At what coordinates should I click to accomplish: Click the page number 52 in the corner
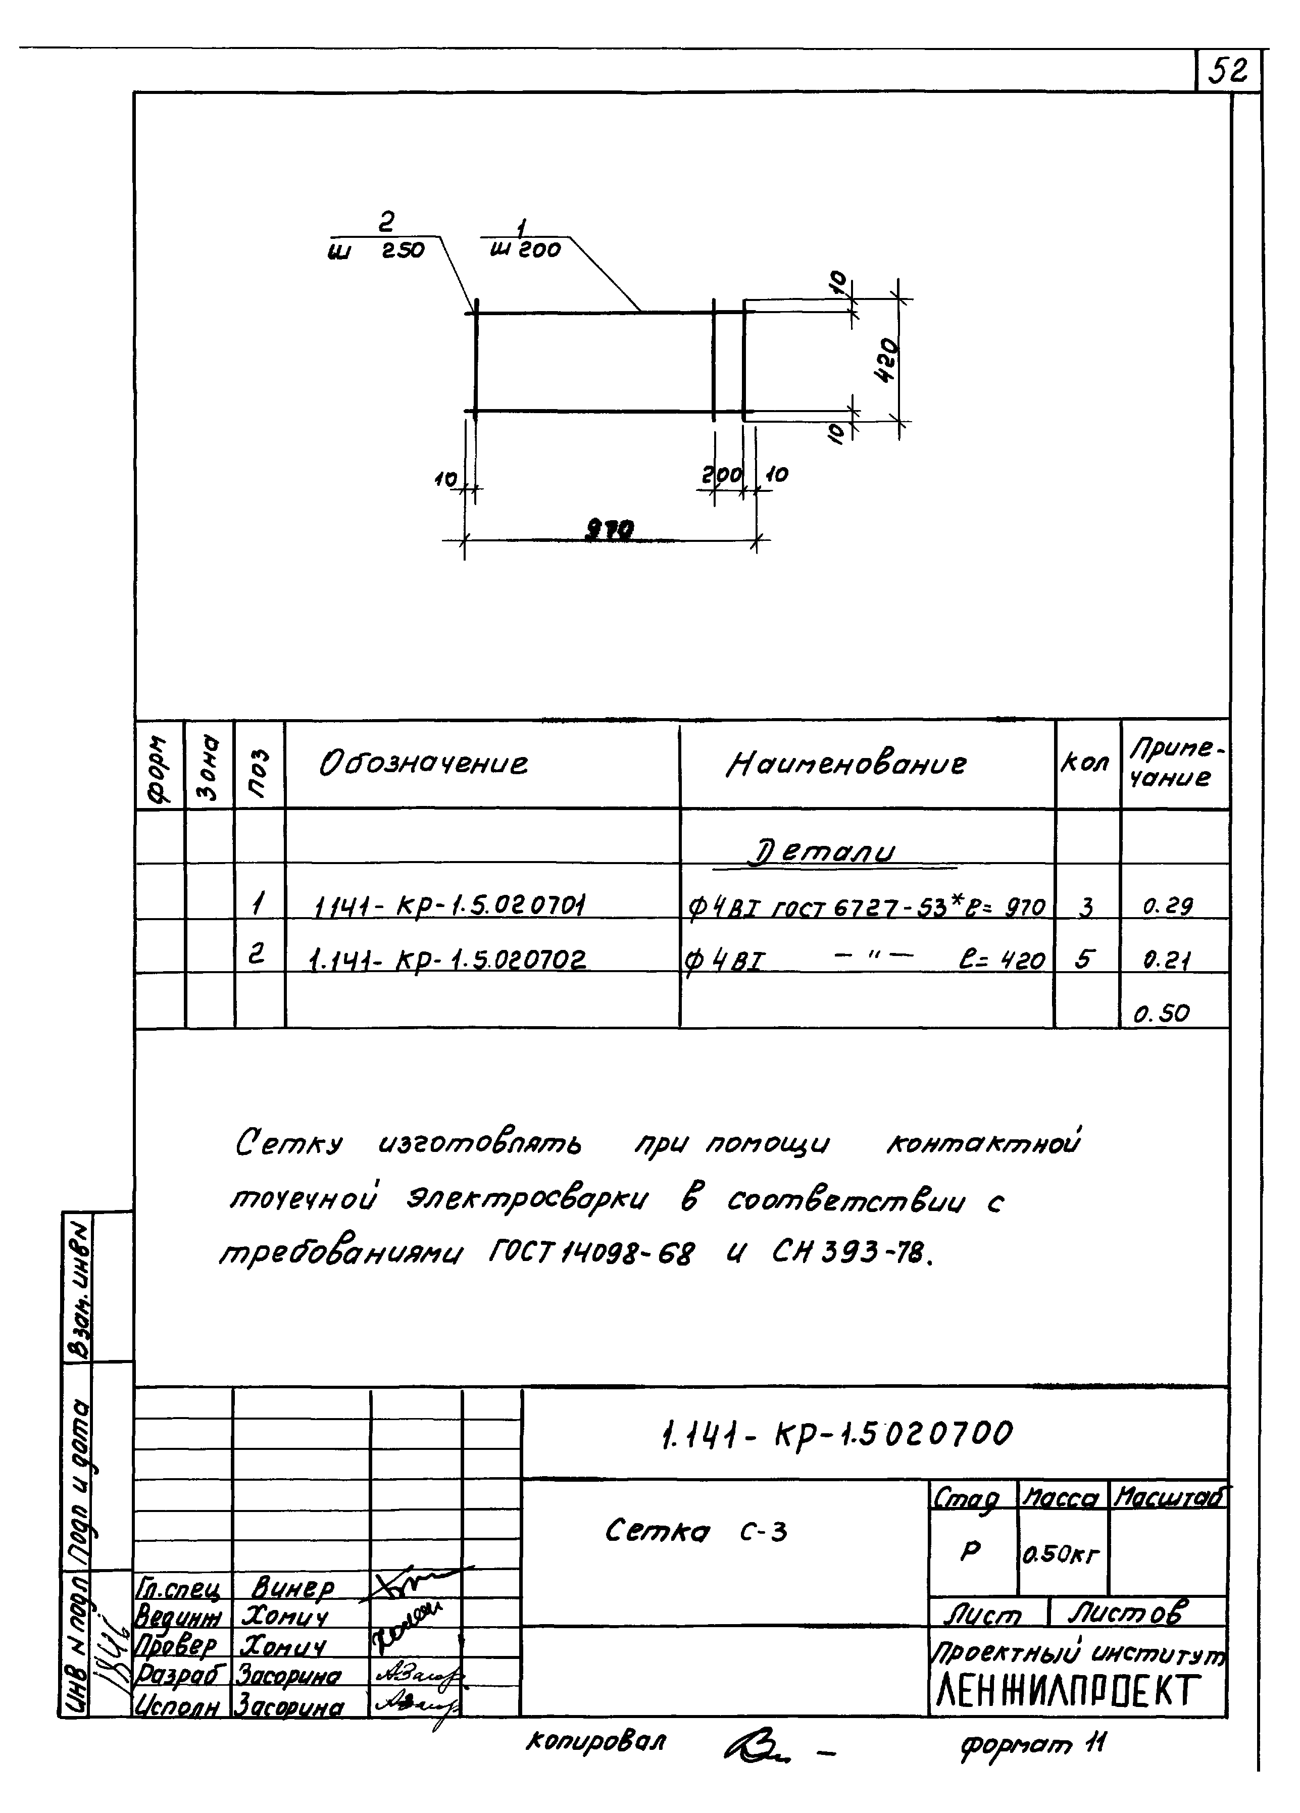(x=1227, y=72)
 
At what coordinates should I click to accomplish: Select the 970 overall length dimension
(x=610, y=529)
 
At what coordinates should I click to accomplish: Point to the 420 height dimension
(x=888, y=361)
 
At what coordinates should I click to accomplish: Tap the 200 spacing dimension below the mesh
(x=722, y=476)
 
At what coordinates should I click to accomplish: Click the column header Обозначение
(x=424, y=764)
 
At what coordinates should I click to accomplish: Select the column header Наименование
(x=846, y=764)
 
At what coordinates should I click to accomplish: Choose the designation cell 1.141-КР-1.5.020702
(x=447, y=959)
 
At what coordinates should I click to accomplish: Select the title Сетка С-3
(x=695, y=1532)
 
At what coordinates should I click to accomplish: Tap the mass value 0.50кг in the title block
(x=1062, y=1555)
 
